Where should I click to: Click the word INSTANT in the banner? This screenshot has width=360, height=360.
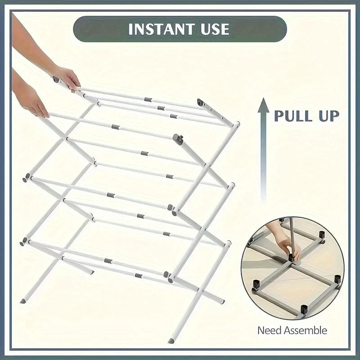click(x=160, y=30)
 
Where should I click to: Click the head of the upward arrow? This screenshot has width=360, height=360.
click(x=264, y=107)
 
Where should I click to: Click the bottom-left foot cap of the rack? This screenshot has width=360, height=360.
click(x=23, y=299)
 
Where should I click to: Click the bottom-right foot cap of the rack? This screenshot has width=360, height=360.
click(x=172, y=339)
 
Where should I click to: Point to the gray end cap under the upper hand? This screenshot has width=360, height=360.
click(x=56, y=80)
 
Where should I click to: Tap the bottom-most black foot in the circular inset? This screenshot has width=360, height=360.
click(x=303, y=309)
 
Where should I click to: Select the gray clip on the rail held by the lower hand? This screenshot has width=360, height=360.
click(x=116, y=127)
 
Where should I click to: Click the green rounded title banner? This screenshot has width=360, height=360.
click(x=180, y=30)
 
